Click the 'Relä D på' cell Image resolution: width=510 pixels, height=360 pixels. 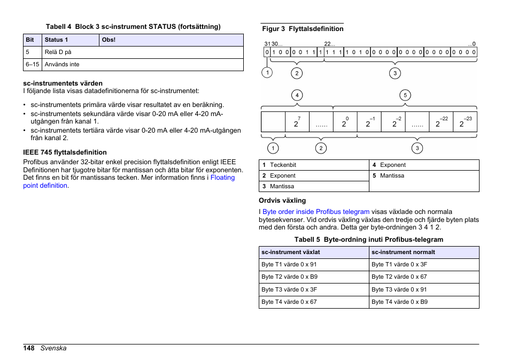[58, 52]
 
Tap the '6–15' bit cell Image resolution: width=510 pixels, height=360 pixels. [32, 64]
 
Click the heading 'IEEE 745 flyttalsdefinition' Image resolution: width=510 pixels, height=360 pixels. [65, 152]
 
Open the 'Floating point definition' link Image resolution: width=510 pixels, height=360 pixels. [222, 178]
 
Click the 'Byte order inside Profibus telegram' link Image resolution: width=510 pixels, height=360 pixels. [316, 212]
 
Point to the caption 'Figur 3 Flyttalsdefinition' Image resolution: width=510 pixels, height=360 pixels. [303, 29]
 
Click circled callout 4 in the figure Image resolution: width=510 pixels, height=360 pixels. [297, 96]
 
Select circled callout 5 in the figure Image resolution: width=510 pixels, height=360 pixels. [405, 96]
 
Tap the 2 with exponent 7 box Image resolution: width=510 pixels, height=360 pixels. [297, 122]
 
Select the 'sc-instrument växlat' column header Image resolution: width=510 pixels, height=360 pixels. [291, 252]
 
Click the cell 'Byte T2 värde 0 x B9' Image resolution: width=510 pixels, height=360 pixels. [289, 277]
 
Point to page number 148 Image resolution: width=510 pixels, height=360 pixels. [29, 348]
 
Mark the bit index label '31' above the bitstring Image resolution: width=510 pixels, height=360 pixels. [267, 44]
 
